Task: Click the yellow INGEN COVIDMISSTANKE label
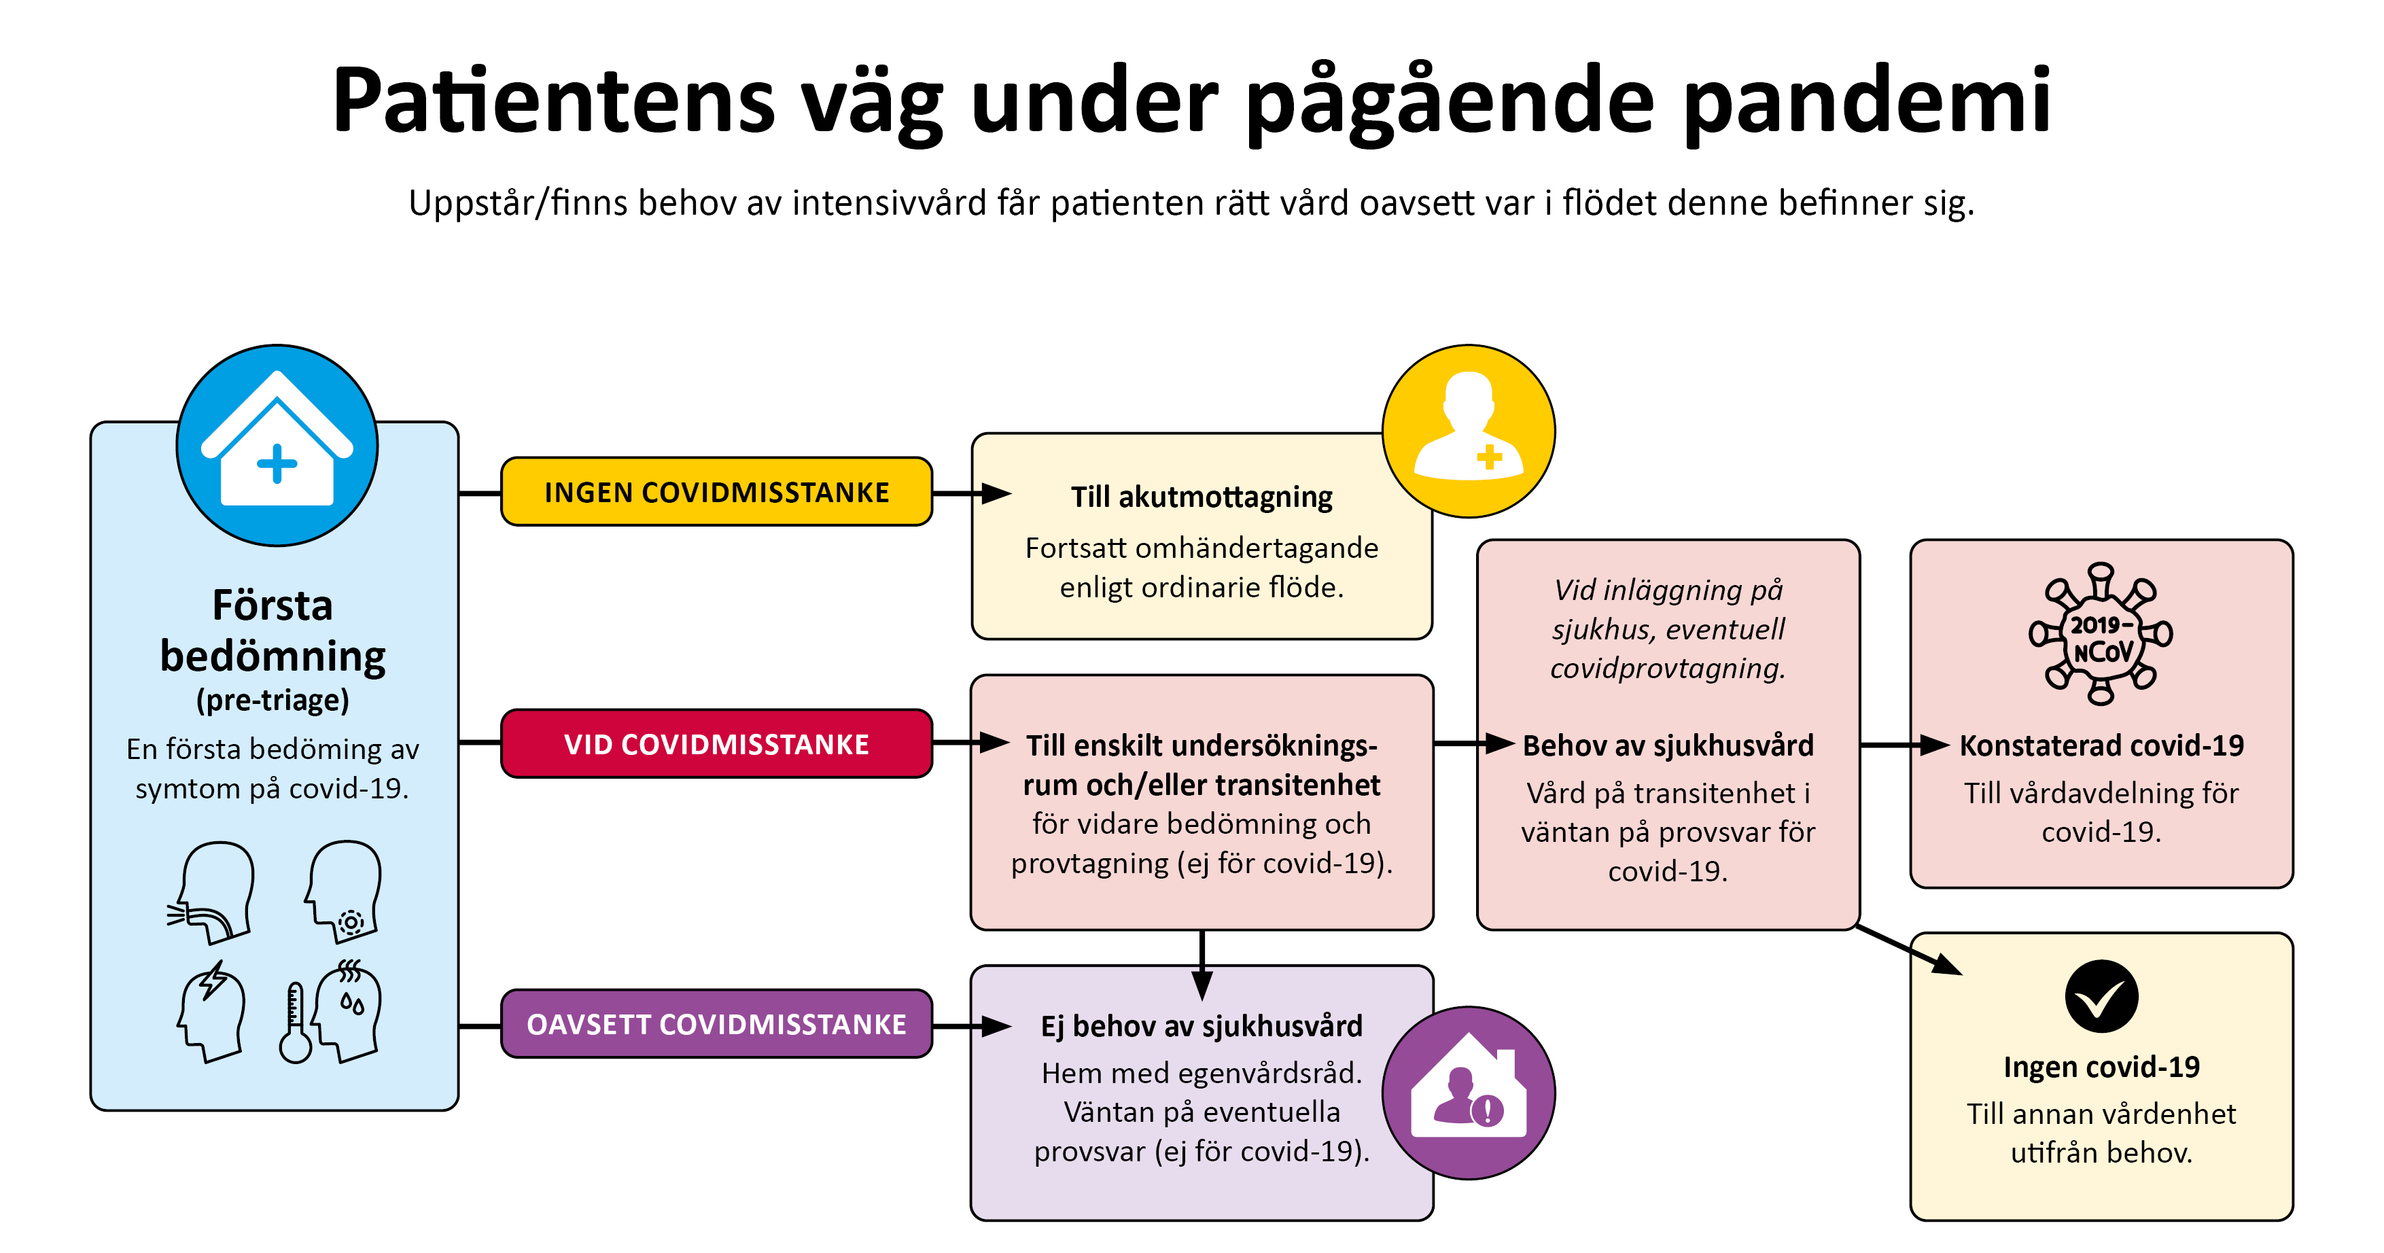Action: coord(716,493)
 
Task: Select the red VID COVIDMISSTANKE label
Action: coord(716,744)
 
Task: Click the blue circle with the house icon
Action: coord(277,445)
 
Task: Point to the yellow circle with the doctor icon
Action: coord(1468,431)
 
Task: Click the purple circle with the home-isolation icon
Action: coord(1468,1092)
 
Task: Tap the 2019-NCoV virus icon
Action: coord(2101,635)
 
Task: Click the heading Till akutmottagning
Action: coord(1202,497)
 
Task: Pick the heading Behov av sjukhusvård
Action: coord(1668,745)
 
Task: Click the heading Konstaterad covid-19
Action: coord(2101,745)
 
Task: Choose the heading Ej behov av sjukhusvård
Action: coord(1202,1025)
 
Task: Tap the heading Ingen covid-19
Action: coord(2101,1066)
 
